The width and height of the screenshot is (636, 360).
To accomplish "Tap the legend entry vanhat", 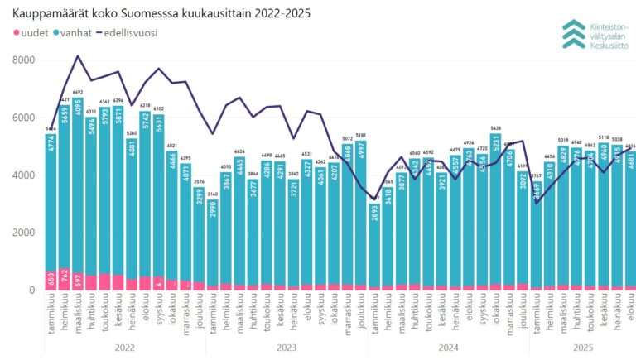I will click(x=75, y=32).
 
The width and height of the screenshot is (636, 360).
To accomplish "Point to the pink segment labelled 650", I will click(x=51, y=281).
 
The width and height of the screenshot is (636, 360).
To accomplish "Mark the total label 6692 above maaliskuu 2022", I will click(x=78, y=92).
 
